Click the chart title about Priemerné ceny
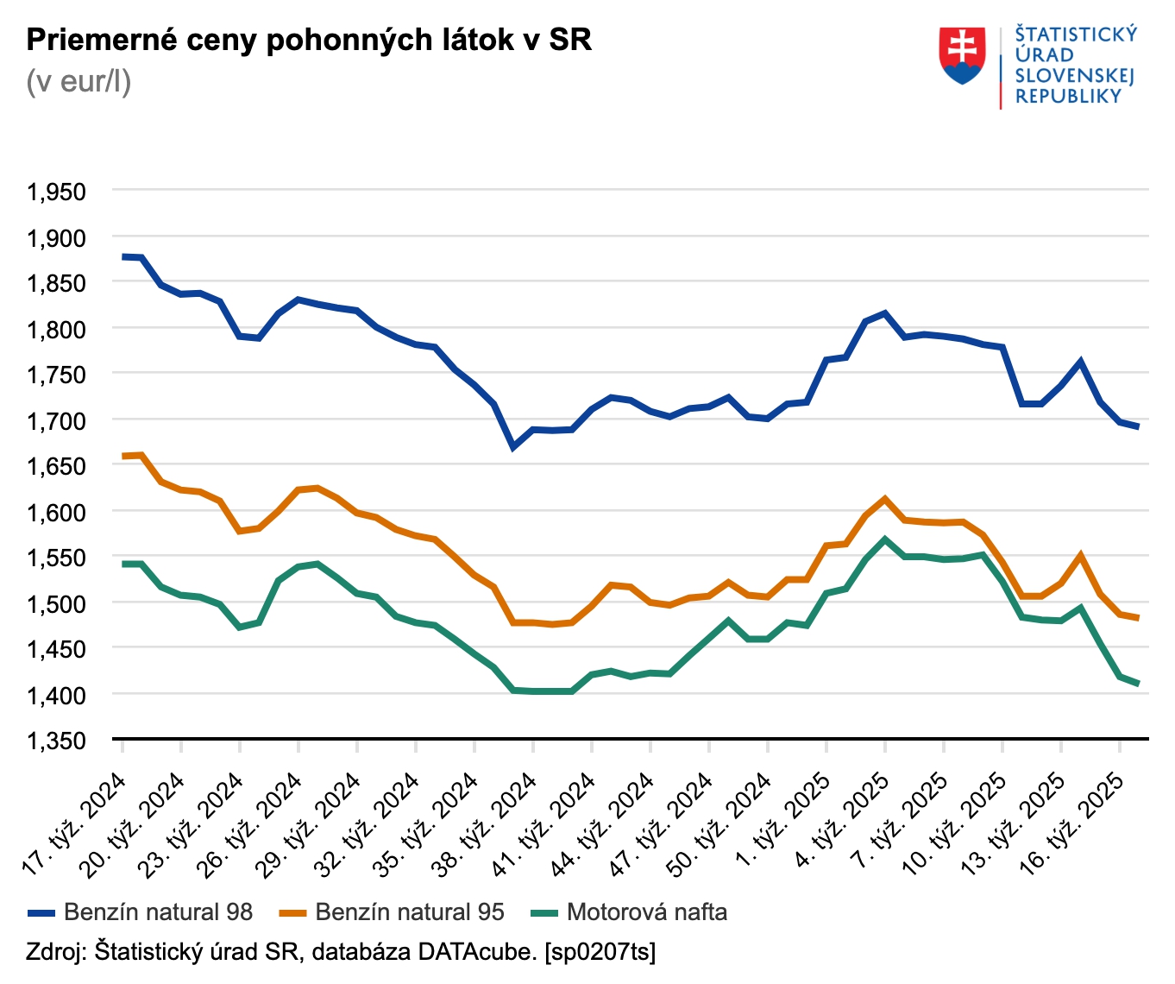[x=309, y=40]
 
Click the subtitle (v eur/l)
[x=79, y=81]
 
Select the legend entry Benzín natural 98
[x=158, y=912]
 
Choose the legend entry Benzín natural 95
[x=409, y=912]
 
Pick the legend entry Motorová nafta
[x=646, y=912]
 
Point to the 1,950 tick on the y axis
[x=57, y=192]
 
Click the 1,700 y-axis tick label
[x=57, y=420]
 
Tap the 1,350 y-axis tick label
[x=57, y=741]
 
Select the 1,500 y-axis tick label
[x=57, y=603]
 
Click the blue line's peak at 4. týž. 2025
[x=885, y=313]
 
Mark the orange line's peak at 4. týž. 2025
[x=885, y=498]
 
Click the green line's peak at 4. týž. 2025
[x=885, y=539]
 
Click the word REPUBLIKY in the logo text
[x=1068, y=96]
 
